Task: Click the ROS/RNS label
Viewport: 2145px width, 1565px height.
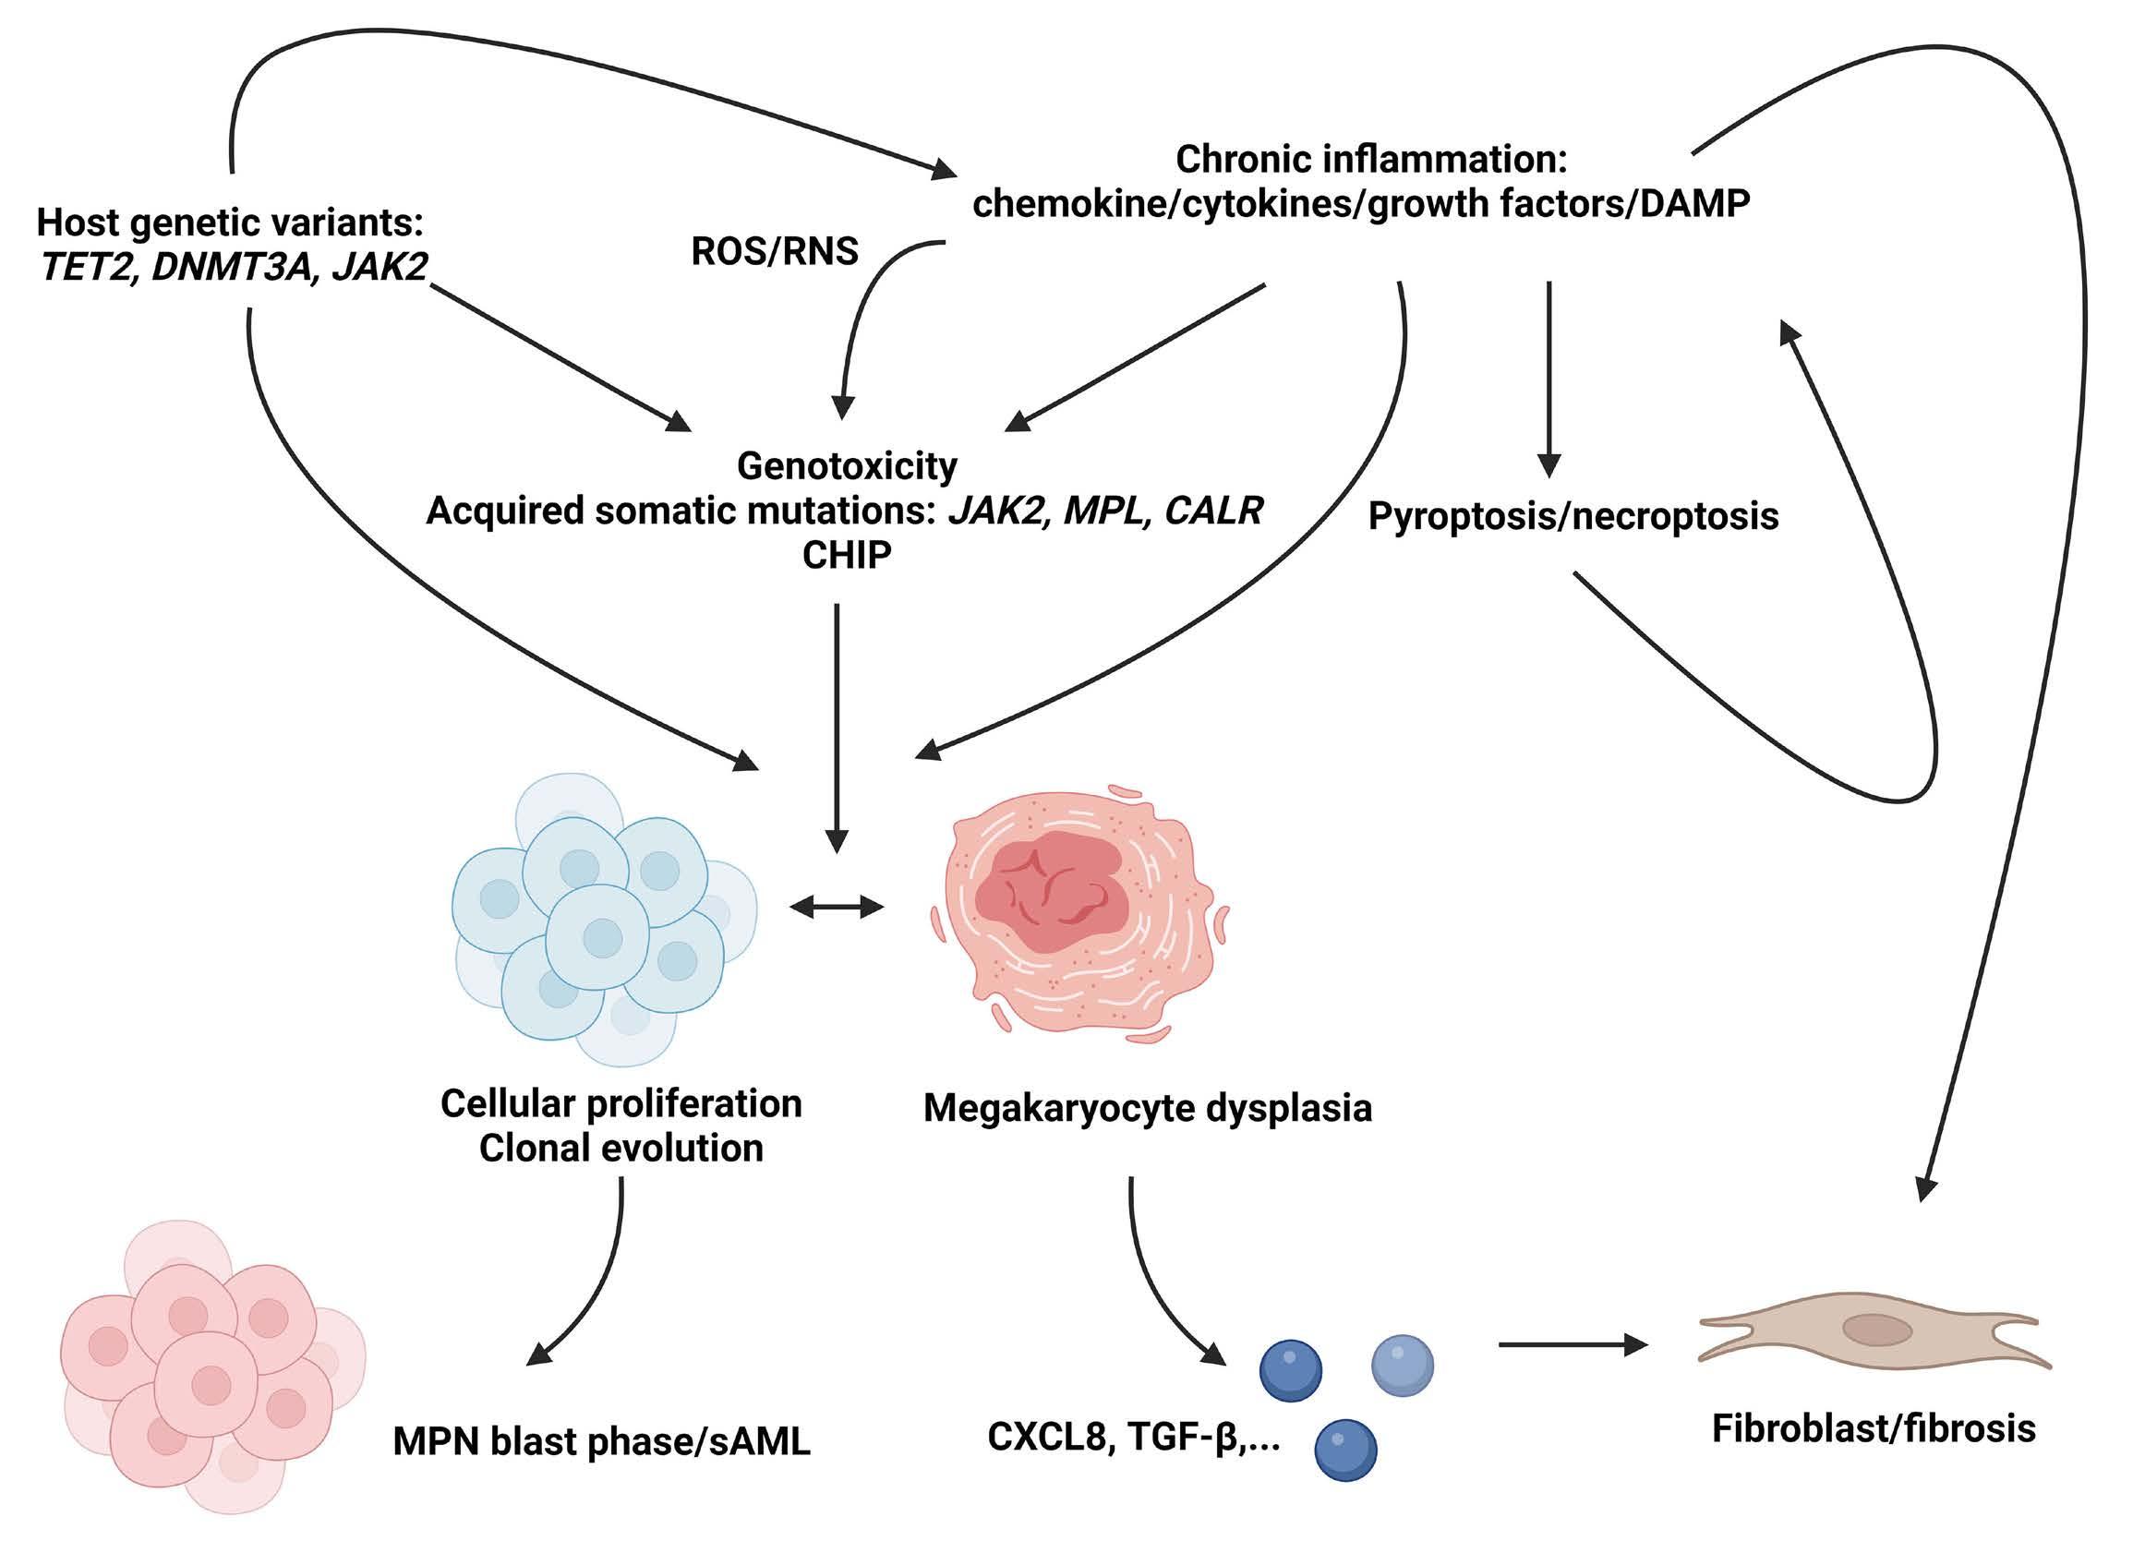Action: pos(774,251)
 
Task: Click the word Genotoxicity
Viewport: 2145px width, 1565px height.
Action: pos(847,466)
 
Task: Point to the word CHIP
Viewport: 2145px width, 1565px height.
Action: pos(846,555)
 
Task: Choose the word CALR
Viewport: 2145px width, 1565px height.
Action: pos(1212,511)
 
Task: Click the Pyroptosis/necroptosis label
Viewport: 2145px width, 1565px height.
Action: pos(1573,516)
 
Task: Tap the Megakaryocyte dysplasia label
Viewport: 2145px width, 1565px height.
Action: pos(1147,1107)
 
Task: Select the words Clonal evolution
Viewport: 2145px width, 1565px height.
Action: pos(621,1149)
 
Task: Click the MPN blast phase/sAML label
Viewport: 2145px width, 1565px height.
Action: pos(602,1441)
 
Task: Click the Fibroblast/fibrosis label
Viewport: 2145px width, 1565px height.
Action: pos(1874,1427)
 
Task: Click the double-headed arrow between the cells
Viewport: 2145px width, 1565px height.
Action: pos(836,908)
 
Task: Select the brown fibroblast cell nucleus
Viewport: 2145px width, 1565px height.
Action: pos(1876,1330)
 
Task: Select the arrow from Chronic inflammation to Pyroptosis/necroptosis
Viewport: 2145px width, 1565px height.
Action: pos(1548,379)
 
